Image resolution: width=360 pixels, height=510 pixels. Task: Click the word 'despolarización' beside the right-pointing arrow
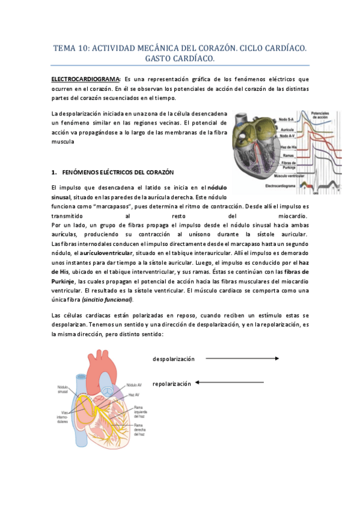174,358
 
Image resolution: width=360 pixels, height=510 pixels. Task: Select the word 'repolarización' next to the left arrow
172,382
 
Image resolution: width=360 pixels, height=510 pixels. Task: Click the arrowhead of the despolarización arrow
276,358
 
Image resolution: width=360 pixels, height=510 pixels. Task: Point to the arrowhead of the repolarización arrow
199,382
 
